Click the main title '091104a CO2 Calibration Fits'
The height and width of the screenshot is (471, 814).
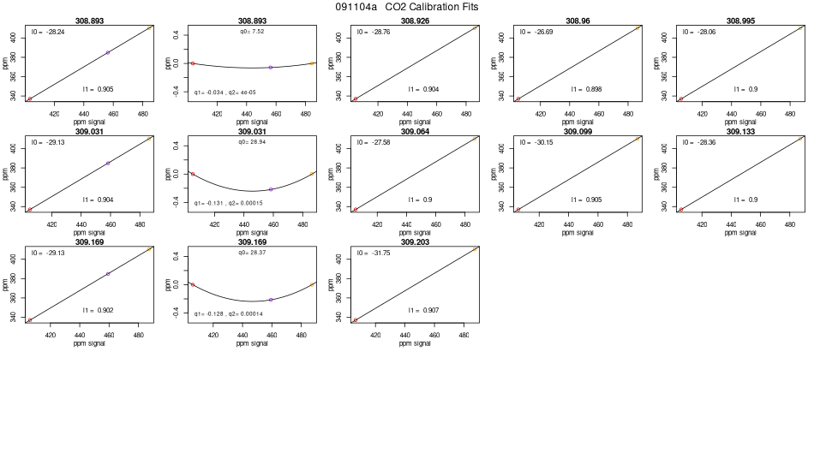[407, 7]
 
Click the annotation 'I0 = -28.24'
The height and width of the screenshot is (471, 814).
[49, 32]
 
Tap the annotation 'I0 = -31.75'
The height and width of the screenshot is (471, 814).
[374, 253]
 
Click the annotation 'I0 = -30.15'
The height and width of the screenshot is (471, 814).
[537, 142]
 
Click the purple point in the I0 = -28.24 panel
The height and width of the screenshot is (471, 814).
[107, 52]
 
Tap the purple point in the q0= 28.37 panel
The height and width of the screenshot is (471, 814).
[271, 300]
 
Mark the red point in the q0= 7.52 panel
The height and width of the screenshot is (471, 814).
[193, 63]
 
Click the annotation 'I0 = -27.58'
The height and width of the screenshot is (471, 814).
[374, 142]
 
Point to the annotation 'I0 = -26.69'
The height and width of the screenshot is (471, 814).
[537, 32]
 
